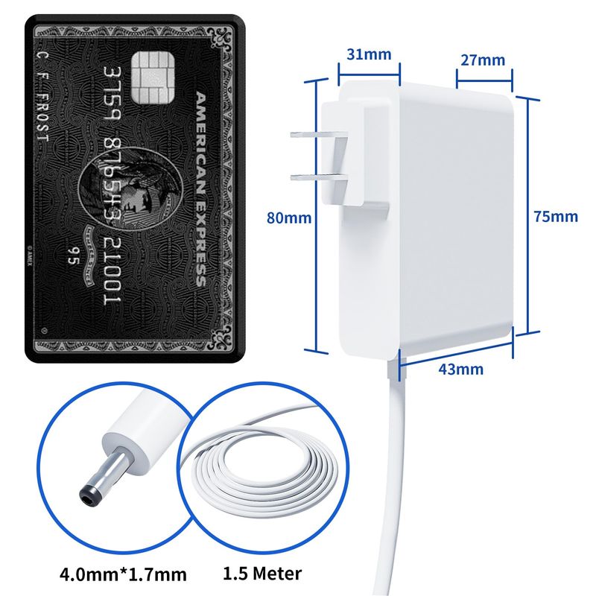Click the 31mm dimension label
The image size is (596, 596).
pyautogui.click(x=369, y=54)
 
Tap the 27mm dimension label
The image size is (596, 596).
pyautogui.click(x=482, y=60)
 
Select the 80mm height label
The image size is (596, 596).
pyautogui.click(x=290, y=218)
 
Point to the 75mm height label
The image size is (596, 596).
pyautogui.click(x=556, y=217)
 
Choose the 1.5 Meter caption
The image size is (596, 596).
pyautogui.click(x=262, y=574)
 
